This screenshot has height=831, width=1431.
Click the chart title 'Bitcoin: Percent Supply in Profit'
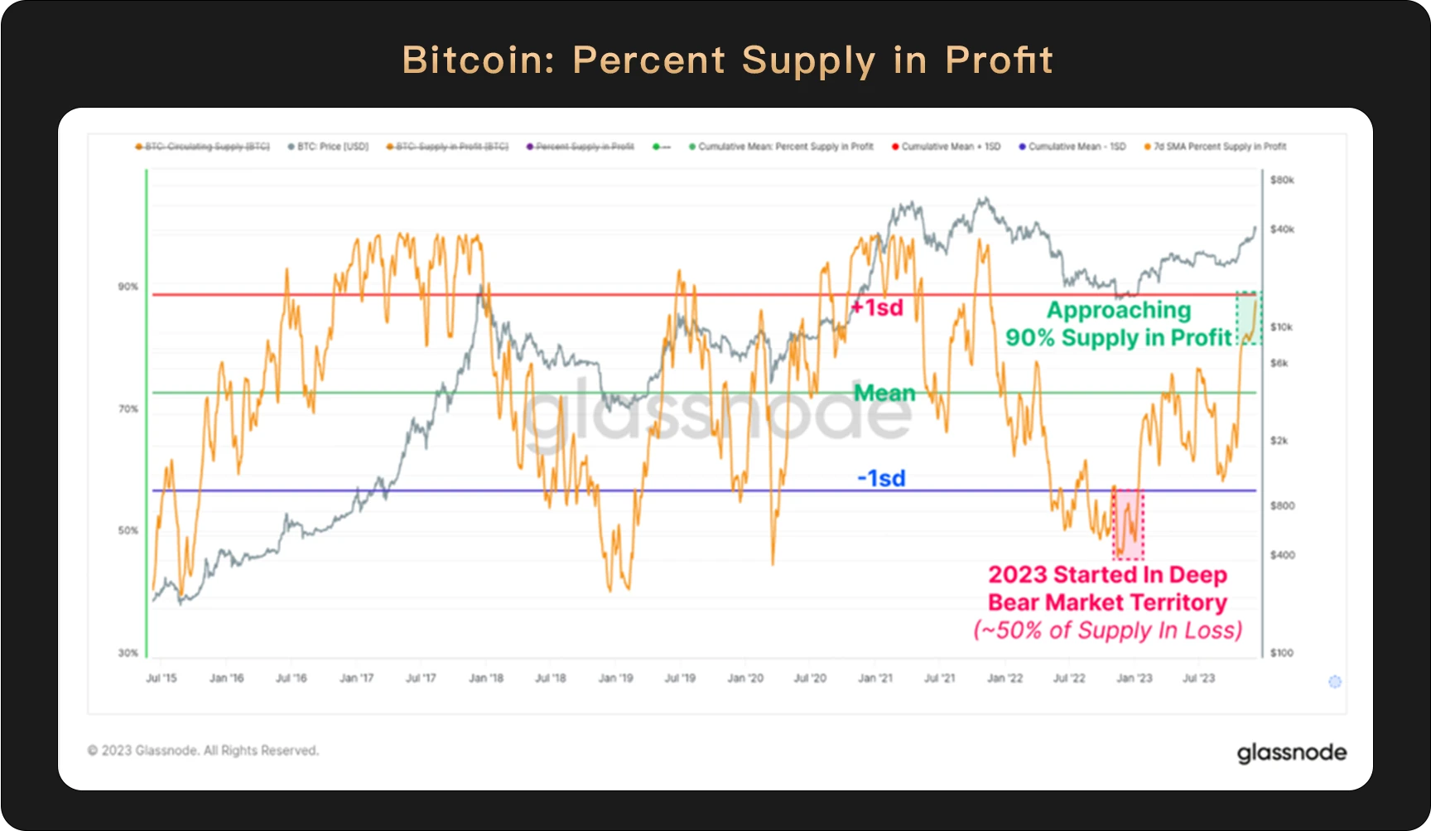click(727, 60)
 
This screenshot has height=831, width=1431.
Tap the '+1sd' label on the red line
click(877, 308)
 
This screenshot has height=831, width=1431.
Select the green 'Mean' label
click(884, 393)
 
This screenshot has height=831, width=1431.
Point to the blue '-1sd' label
click(881, 478)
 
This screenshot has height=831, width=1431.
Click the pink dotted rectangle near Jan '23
click(1128, 524)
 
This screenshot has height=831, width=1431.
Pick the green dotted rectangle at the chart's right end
click(1249, 318)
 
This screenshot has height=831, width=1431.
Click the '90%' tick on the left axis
click(128, 287)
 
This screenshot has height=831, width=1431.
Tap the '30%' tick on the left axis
click(128, 653)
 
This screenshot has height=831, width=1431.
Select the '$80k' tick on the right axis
click(1282, 180)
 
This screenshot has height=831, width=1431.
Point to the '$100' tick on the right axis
click(1282, 653)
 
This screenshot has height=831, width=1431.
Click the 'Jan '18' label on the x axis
click(486, 678)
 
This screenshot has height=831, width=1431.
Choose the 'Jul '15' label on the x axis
click(161, 678)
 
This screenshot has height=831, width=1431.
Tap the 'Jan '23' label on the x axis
click(1135, 678)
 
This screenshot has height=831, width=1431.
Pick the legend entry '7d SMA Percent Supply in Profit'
click(1219, 147)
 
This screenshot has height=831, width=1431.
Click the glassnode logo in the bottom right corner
click(1291, 752)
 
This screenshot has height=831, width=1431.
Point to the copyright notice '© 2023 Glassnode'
click(203, 751)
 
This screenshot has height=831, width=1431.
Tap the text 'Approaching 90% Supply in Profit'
click(1118, 324)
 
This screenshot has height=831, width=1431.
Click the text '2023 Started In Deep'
click(1107, 575)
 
